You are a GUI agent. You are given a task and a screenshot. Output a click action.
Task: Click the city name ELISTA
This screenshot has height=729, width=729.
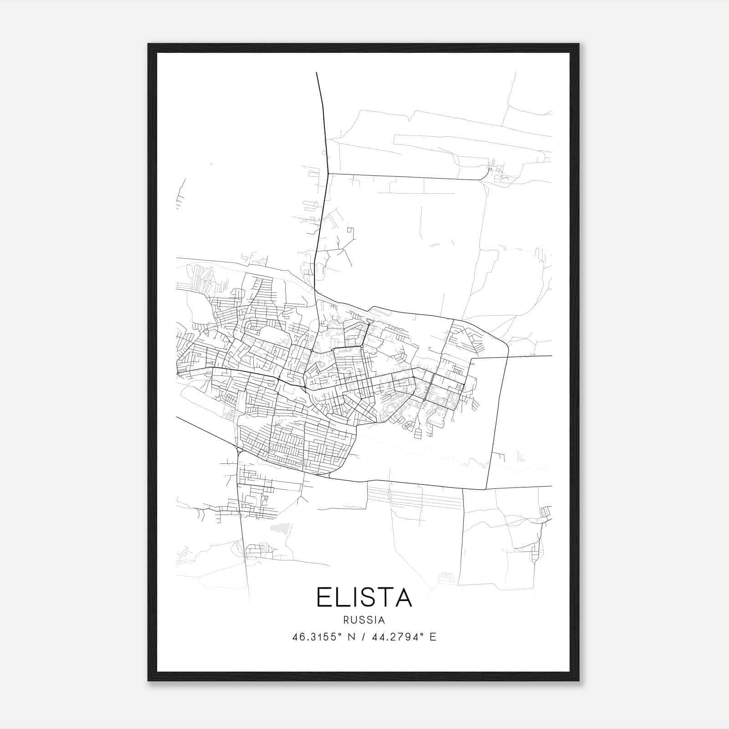click(x=364, y=597)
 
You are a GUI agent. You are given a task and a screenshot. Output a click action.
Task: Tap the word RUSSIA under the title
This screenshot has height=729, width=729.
click(x=364, y=620)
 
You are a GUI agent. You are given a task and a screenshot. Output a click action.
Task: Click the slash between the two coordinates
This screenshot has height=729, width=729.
click(x=364, y=637)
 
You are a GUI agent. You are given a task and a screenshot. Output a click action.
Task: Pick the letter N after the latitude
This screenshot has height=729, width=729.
click(x=351, y=637)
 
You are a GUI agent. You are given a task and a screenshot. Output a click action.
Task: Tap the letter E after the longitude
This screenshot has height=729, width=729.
click(x=433, y=637)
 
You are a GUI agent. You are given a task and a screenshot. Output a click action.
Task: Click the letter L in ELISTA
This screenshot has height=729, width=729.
click(x=342, y=597)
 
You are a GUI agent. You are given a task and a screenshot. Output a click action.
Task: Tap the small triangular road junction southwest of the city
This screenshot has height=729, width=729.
click(x=239, y=451)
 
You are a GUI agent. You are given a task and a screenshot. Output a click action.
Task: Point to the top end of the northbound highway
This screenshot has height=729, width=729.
click(x=317, y=73)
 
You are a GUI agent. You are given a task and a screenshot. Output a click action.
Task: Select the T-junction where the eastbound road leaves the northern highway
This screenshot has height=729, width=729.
click(x=328, y=174)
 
